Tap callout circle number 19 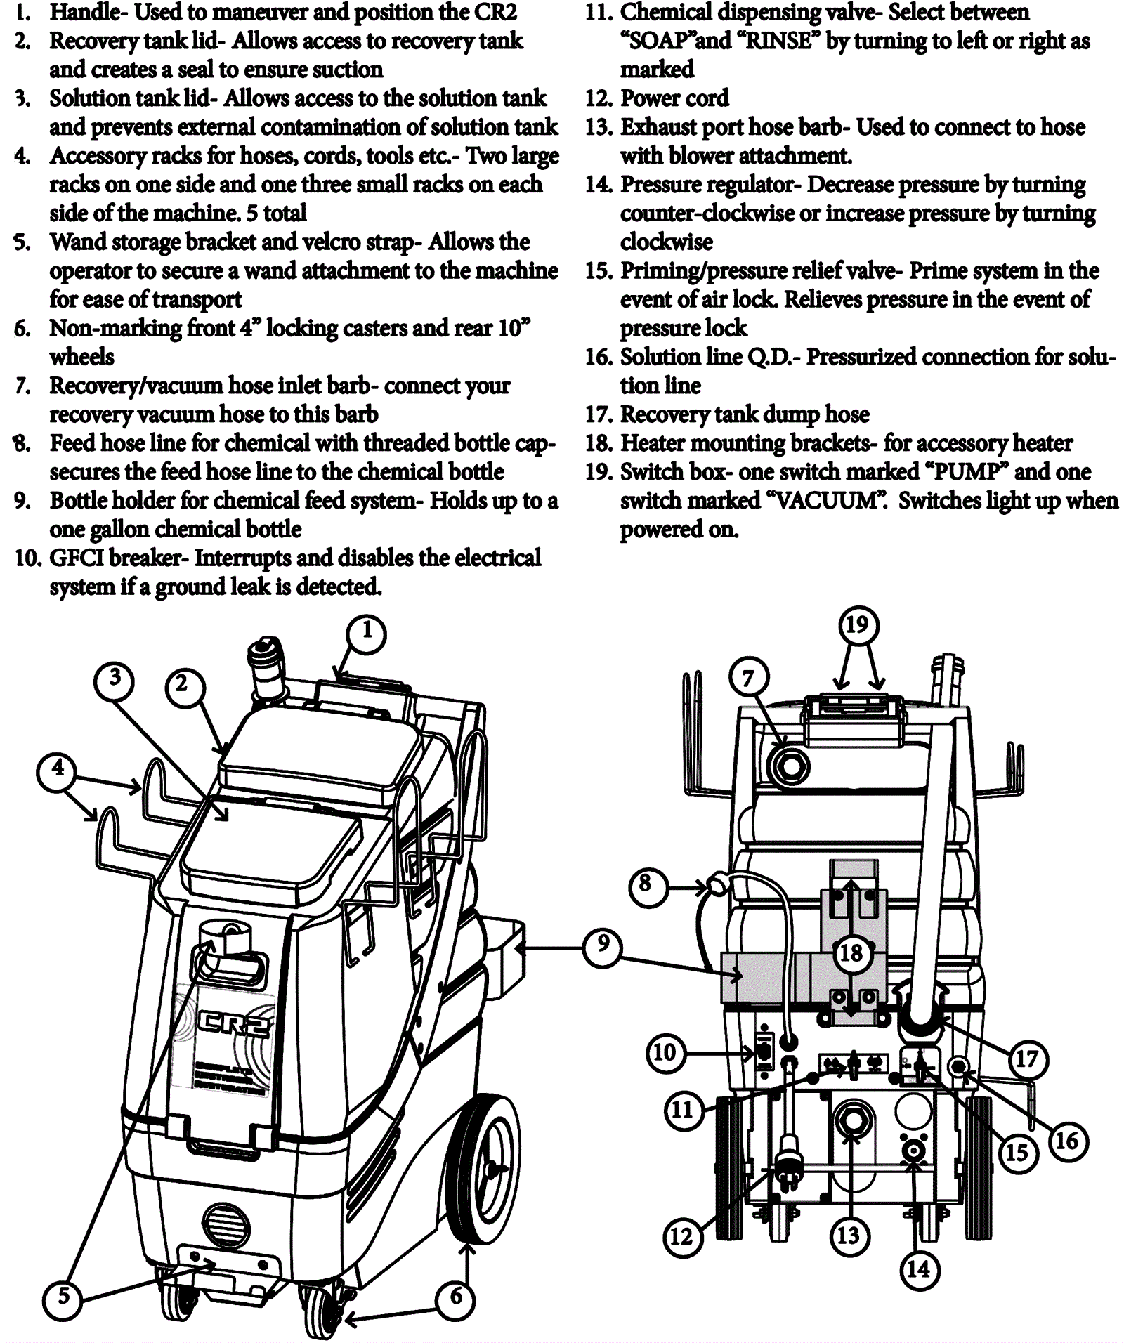coord(856,624)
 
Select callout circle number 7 coord(748,678)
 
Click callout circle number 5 coord(64,1296)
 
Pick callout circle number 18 coord(851,953)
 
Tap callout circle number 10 coord(665,1052)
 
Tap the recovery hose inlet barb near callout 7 coord(790,765)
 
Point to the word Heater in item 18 coord(657,443)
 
